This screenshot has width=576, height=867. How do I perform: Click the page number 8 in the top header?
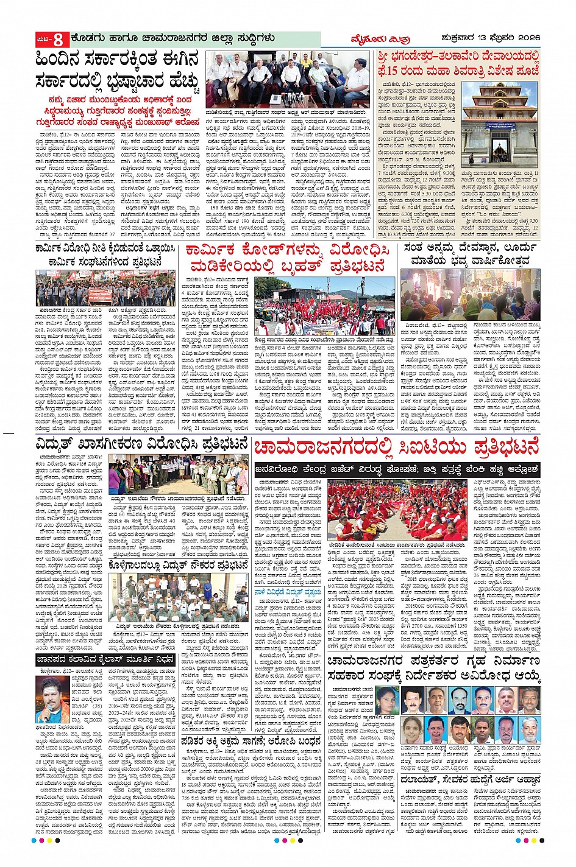(58, 40)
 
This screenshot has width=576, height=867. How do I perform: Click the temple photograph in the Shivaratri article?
(500, 123)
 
